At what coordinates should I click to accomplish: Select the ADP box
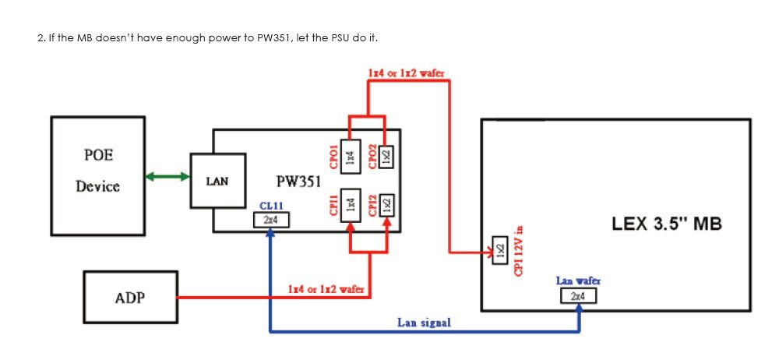click(130, 297)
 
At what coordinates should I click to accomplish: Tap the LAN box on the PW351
click(217, 181)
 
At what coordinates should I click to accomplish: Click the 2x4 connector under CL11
click(271, 221)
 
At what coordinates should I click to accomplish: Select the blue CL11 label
click(271, 206)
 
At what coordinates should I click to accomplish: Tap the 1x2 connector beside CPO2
click(386, 157)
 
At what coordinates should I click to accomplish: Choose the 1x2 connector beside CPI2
click(386, 205)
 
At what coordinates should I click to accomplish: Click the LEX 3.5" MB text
click(667, 224)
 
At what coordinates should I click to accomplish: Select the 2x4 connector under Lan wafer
click(578, 296)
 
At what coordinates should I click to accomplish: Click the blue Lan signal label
click(424, 323)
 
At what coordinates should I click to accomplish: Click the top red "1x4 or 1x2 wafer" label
click(406, 72)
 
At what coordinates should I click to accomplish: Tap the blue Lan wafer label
click(578, 281)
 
